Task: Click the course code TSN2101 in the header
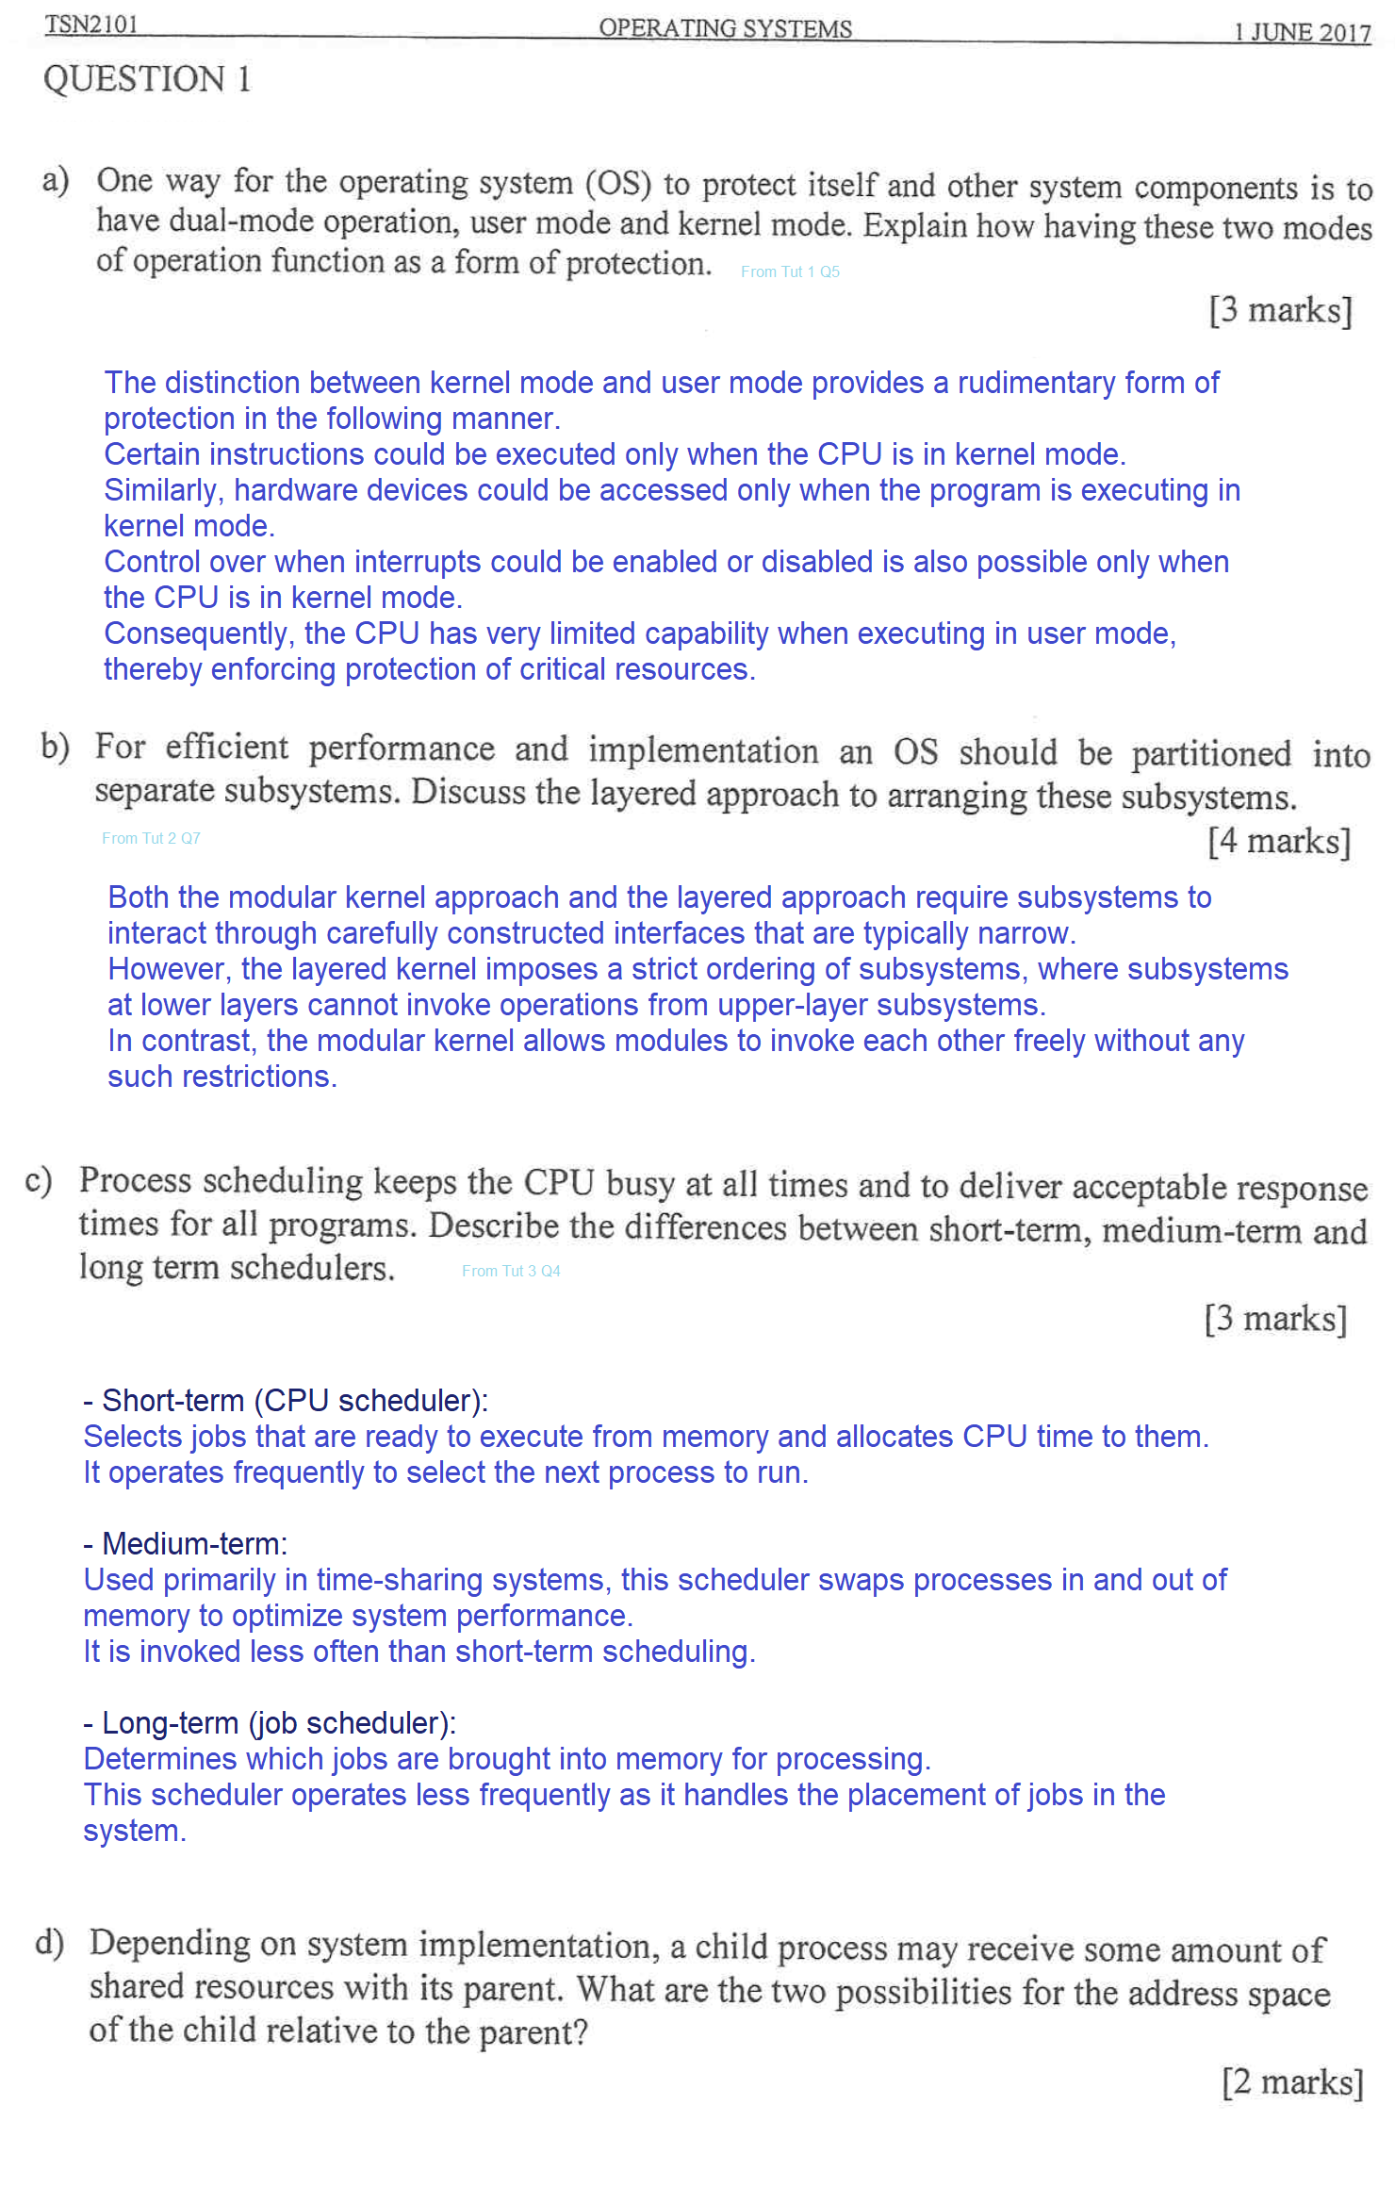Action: (91, 24)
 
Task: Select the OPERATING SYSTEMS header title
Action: (725, 28)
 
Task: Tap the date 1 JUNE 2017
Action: (1302, 32)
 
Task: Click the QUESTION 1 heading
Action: (147, 79)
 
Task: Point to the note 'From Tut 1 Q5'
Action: (790, 271)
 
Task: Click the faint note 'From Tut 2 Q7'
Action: (151, 838)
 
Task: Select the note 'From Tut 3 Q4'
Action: (511, 1271)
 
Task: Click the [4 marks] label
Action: (1279, 840)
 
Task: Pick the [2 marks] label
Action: (1292, 2081)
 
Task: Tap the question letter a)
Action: (56, 179)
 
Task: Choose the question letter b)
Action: (55, 746)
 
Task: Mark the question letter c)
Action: (39, 1180)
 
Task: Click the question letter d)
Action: (49, 1943)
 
